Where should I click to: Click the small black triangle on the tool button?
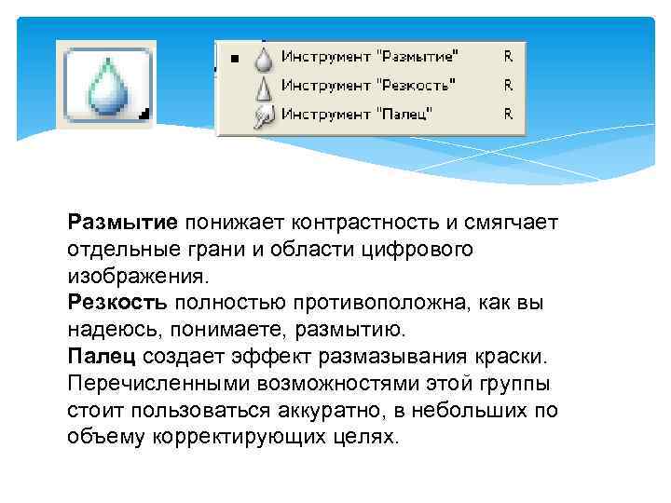coord(143,115)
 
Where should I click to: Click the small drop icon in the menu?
coord(264,60)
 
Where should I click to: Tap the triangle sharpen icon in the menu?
coord(264,88)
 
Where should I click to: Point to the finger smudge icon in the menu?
coord(264,116)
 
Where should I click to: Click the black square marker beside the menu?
coord(235,60)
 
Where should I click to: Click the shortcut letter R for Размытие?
coord(508,57)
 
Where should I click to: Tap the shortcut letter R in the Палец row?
coord(508,115)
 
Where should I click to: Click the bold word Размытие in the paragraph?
coord(122,224)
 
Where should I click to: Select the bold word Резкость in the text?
coord(117,304)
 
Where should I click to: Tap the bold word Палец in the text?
coord(103,357)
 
